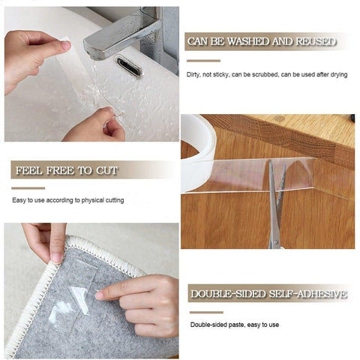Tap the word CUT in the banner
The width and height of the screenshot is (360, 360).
coord(106,171)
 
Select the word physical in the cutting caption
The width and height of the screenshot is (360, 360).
coord(89,200)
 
